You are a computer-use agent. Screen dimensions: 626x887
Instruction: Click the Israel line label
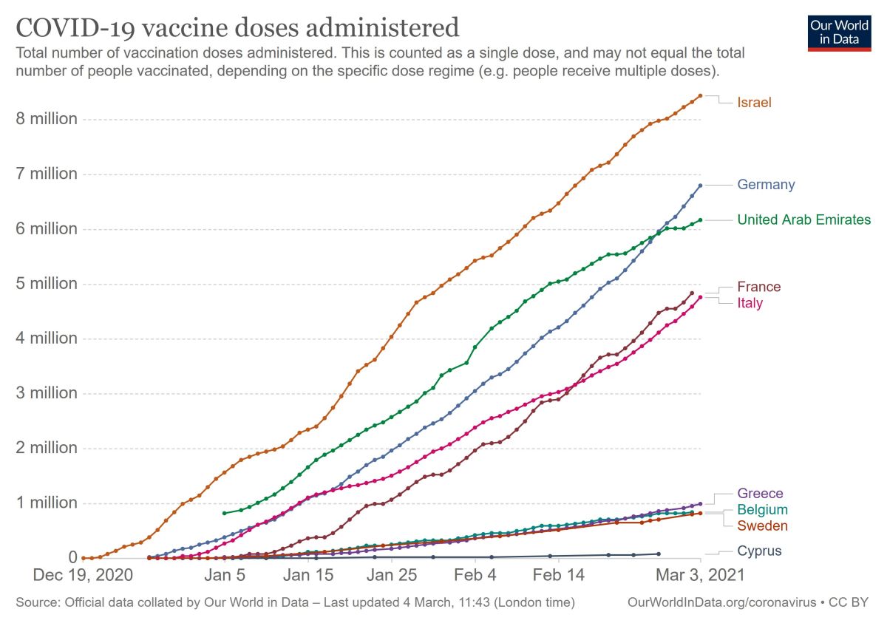(x=754, y=103)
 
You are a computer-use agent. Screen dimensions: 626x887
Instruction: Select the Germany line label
(x=766, y=185)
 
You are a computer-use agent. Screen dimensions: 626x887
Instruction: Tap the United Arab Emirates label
(x=803, y=220)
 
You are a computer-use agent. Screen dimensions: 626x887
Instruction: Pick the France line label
(x=758, y=287)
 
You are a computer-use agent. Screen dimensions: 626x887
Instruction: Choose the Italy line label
(x=750, y=303)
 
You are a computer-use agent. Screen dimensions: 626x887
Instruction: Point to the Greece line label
(x=760, y=494)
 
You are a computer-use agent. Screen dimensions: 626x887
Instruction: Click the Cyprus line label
(x=759, y=551)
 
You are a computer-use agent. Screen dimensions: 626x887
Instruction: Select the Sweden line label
(x=762, y=526)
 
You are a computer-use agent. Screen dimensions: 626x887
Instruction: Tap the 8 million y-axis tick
(x=47, y=119)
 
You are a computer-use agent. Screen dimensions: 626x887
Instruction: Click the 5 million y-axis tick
(x=47, y=284)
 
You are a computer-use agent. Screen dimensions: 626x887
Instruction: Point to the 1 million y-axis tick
(x=47, y=503)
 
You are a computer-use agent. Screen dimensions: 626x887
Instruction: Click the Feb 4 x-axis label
(x=475, y=574)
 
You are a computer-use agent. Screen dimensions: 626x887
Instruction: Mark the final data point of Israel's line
(x=700, y=95)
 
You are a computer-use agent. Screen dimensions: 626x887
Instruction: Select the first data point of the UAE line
(x=224, y=513)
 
